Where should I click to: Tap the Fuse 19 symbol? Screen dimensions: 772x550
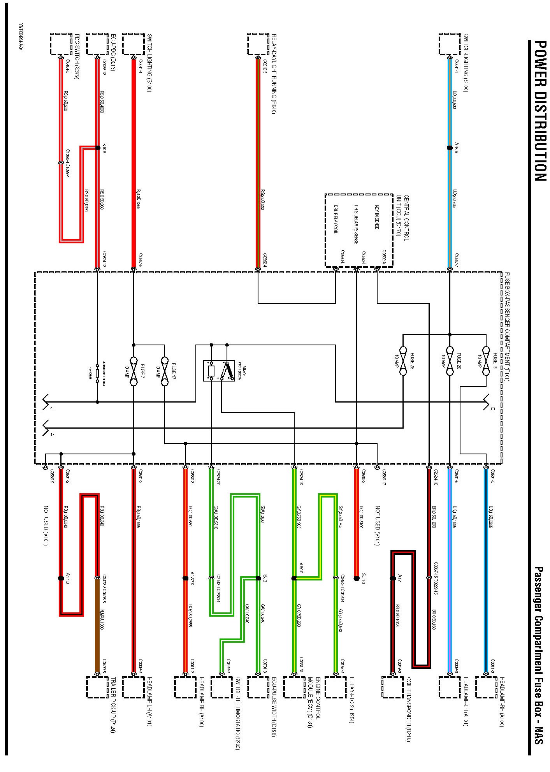pos(485,361)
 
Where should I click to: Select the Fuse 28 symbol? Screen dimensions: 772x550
pos(403,361)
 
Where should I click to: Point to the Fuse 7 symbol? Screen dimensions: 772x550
pos(134,371)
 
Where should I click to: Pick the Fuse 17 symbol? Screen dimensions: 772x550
pos(165,371)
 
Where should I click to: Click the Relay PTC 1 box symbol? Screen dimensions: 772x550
pos(219,370)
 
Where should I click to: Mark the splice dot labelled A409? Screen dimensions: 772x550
pos(450,148)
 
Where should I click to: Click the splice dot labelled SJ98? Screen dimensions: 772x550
pos(97,148)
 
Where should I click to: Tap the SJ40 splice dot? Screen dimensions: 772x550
pos(356,578)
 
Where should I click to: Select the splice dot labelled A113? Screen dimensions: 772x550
pos(61,578)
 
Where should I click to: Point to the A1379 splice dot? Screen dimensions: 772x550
pos(185,578)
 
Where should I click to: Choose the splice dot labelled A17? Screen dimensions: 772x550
pos(393,578)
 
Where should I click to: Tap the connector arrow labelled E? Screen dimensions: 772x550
pos(487,402)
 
